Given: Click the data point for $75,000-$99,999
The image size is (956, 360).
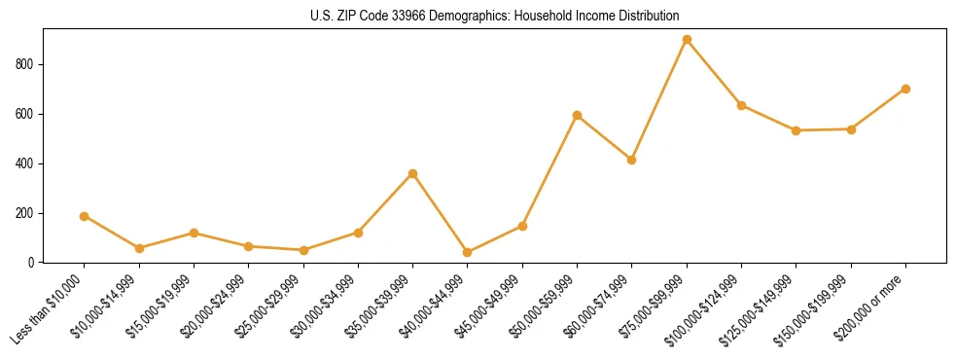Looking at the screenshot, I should (687, 40).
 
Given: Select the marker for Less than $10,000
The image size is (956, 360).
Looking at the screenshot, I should (84, 216).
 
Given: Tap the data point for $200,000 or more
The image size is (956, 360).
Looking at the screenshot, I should (905, 89).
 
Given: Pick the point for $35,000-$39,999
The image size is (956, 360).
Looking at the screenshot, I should (412, 173).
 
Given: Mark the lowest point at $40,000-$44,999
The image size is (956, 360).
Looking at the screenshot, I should (468, 253).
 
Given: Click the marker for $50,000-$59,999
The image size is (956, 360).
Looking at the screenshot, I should (577, 116).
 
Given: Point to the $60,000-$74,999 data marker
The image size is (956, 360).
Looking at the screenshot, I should (631, 160).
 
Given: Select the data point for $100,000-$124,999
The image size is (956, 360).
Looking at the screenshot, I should (741, 105).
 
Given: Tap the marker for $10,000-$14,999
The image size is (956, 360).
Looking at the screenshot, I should (139, 248).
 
